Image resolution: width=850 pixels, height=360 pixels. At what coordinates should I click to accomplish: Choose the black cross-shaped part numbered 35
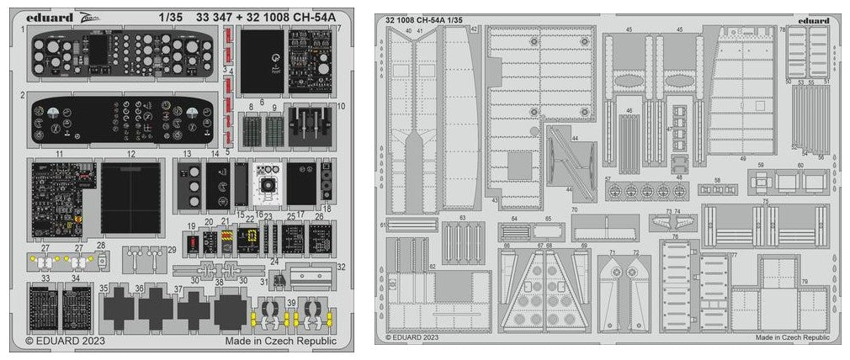click(118, 309)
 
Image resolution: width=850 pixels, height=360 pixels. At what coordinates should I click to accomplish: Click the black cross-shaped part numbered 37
click(193, 309)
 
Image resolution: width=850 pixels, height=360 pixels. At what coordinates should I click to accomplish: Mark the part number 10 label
click(342, 106)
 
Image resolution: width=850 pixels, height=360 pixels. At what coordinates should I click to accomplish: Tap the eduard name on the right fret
click(814, 21)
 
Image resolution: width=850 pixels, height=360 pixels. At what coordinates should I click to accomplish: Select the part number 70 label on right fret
click(575, 209)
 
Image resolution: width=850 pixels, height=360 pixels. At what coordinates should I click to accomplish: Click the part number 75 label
click(765, 202)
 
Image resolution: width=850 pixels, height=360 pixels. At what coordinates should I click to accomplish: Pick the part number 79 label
click(804, 281)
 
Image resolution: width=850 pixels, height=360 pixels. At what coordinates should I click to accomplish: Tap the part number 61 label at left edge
click(384, 225)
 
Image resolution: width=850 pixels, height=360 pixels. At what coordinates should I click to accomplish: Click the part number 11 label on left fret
click(60, 154)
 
